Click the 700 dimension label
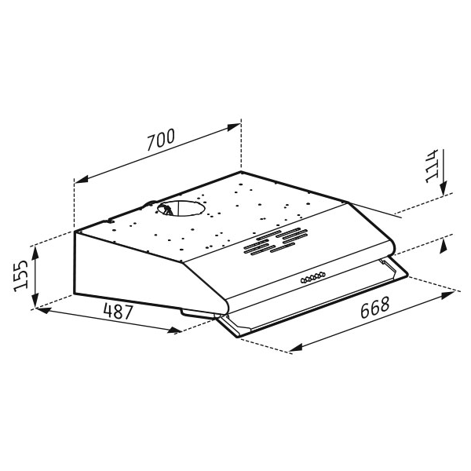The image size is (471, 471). (161, 140)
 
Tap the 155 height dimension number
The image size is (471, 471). (21, 276)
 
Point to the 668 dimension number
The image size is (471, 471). (375, 307)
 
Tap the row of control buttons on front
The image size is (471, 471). (313, 277)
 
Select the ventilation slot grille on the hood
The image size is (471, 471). (276, 241)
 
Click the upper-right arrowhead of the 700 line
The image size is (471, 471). (234, 126)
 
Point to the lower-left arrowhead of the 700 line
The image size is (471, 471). (81, 179)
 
